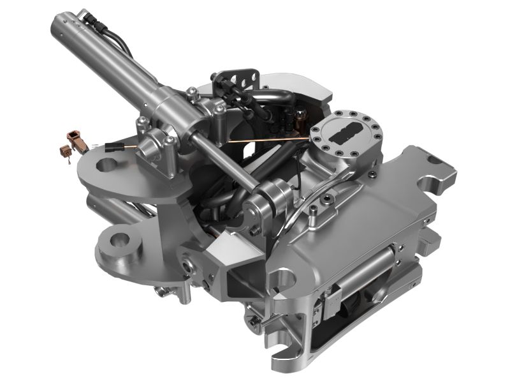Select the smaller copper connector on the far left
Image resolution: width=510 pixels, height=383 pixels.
pos(64,152)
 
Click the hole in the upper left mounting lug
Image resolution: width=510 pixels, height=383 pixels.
pos(106,165)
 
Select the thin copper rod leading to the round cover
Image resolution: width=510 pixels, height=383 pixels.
pos(268,139)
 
